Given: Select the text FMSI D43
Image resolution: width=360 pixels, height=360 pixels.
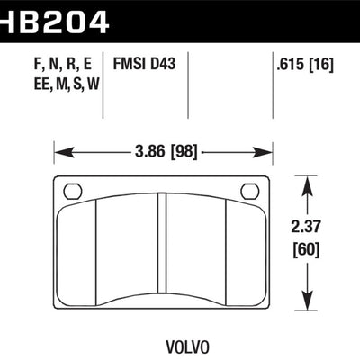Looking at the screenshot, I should coord(143,65).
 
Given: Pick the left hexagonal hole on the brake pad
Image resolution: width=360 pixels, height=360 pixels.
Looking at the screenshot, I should coord(73,191).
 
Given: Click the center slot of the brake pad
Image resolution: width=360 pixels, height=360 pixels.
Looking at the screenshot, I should coord(163,252).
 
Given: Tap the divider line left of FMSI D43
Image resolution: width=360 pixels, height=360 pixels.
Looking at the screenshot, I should coord(106,85).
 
